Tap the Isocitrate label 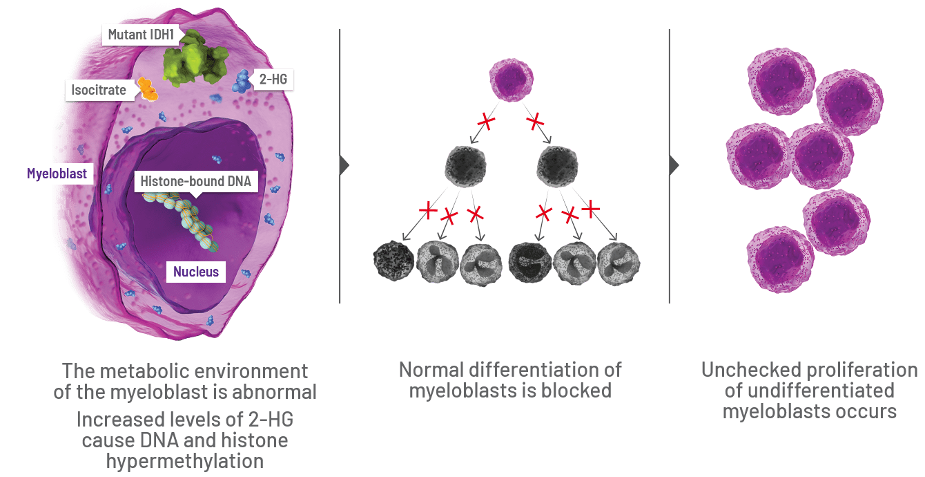click(99, 90)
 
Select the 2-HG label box click(273, 80)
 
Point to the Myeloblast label click(57, 173)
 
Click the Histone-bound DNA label click(195, 183)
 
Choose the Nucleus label click(196, 272)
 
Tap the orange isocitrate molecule click(146, 89)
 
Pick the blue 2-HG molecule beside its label click(242, 82)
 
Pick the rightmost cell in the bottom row click(619, 263)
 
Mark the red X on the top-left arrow click(487, 122)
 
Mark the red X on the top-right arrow click(535, 122)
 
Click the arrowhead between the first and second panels click(345, 166)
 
